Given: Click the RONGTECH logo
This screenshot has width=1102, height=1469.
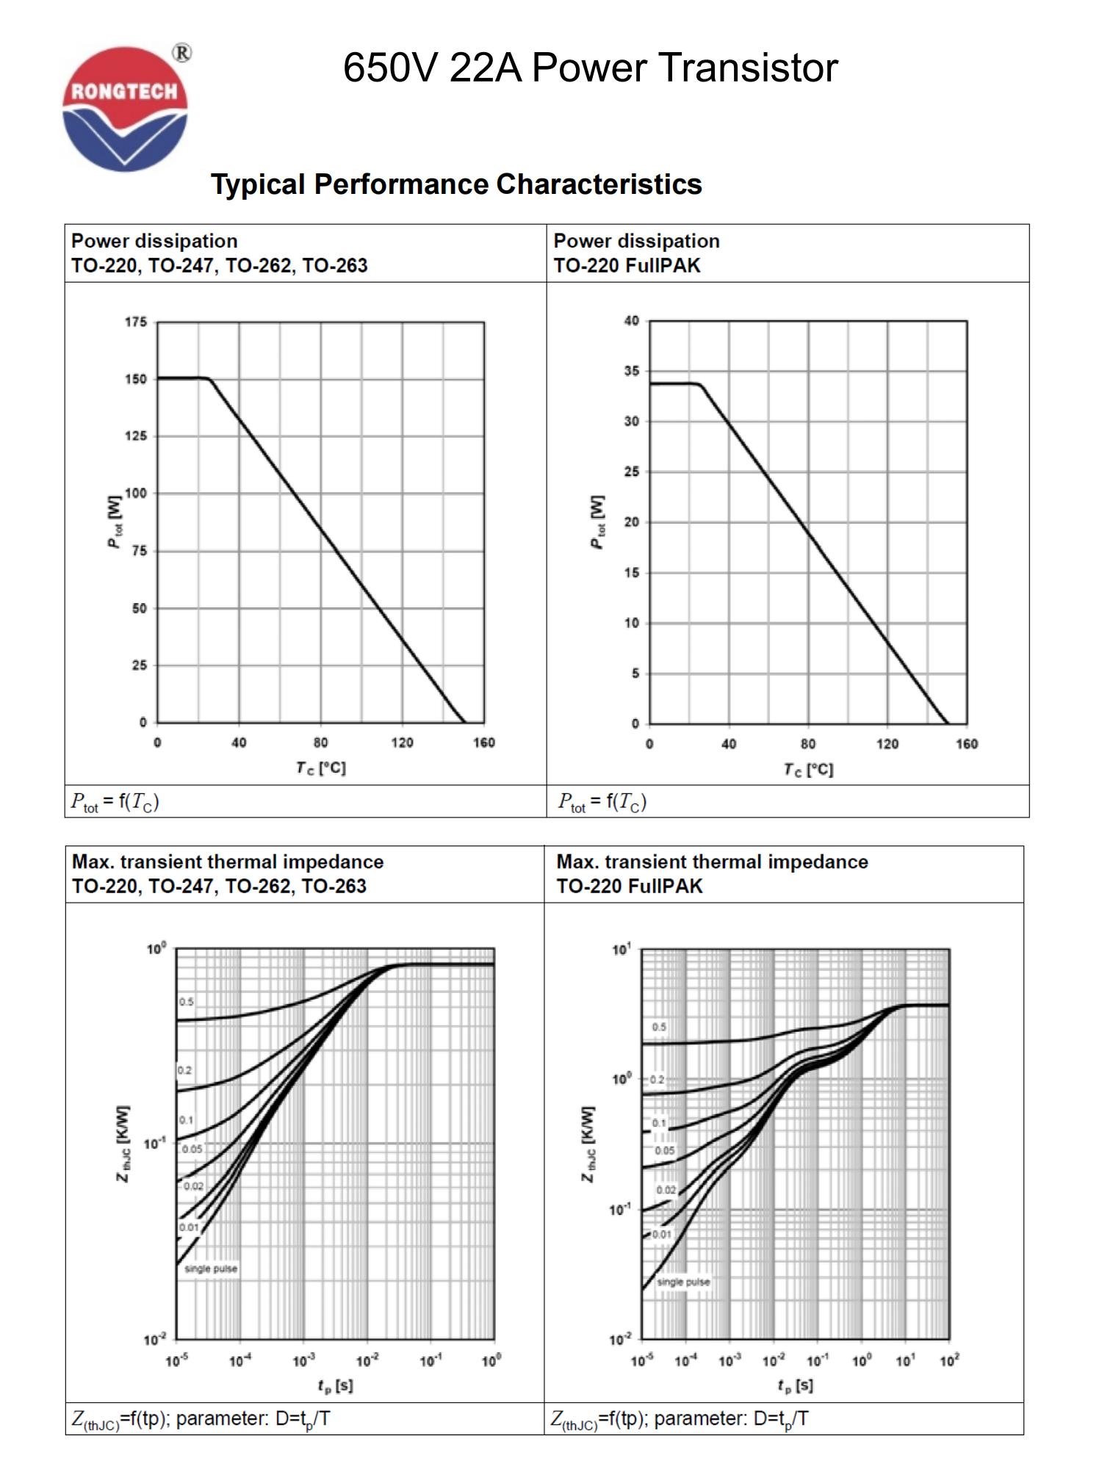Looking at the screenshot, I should (x=125, y=109).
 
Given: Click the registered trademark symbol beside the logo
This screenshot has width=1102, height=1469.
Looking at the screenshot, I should (x=181, y=54).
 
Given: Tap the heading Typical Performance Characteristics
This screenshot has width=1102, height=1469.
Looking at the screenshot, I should (x=456, y=184).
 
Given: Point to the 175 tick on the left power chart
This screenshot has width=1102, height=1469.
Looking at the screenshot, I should (x=136, y=322).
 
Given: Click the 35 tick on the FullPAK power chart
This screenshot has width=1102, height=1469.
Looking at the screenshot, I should (x=631, y=371).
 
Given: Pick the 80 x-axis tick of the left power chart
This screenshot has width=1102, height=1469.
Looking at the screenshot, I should (x=320, y=743).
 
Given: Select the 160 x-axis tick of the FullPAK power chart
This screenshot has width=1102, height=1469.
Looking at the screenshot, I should (x=966, y=744).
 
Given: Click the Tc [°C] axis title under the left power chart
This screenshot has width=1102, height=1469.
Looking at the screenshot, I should (x=320, y=768).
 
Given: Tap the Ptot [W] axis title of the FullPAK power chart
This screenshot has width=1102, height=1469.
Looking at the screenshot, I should (x=598, y=522).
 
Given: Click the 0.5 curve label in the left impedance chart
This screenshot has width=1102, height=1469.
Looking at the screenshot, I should (x=187, y=1002).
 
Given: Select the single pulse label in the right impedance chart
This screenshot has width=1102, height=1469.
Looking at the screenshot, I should (x=683, y=1282).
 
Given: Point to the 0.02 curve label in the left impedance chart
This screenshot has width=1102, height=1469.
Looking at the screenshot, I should (x=193, y=1186).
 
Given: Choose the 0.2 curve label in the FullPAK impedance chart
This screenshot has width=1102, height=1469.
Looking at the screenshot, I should (x=657, y=1080).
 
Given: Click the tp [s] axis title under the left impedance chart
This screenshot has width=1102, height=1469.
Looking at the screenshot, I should (x=335, y=1385).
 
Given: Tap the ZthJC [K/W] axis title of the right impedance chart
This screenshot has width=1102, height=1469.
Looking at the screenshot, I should (x=588, y=1144).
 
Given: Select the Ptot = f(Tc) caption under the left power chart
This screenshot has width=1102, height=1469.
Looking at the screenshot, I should (x=115, y=801).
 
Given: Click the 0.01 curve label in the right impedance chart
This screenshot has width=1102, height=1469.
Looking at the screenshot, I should (x=661, y=1234).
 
